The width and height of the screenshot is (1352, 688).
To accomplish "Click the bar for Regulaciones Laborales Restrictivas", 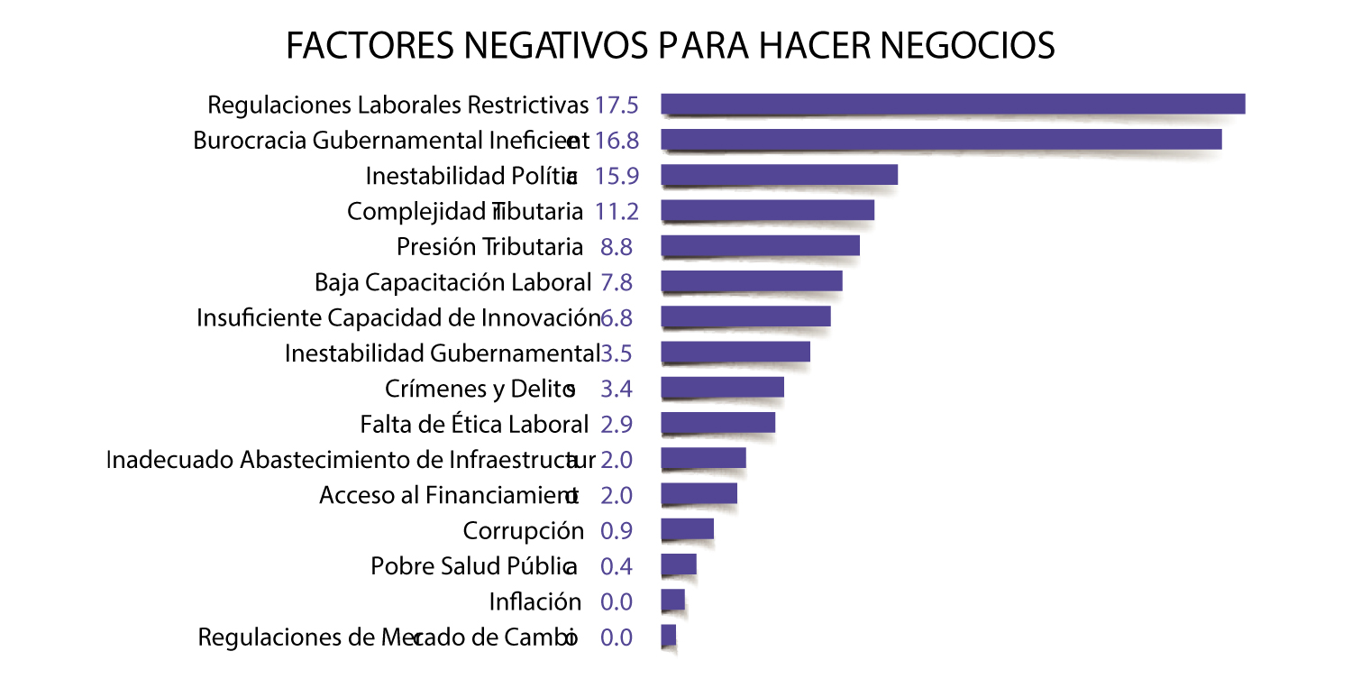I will (x=953, y=104).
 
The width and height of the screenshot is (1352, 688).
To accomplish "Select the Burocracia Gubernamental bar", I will (x=941, y=139).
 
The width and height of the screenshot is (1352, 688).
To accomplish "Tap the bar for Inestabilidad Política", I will (x=779, y=174).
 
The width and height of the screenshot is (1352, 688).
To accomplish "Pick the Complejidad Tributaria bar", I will (x=767, y=210).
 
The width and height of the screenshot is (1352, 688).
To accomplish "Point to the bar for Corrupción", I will (x=687, y=528).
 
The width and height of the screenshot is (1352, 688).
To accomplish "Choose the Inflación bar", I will (x=672, y=600).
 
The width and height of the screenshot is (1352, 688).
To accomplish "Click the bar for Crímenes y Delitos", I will (x=722, y=388).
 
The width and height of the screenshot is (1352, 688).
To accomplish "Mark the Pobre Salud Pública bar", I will (x=679, y=564).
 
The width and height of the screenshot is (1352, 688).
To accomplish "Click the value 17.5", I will (x=617, y=105).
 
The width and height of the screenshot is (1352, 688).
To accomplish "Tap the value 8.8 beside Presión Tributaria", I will (x=617, y=246).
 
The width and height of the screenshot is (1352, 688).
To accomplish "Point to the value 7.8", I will (x=617, y=282).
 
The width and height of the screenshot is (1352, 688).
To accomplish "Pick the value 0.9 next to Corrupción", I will (x=617, y=530).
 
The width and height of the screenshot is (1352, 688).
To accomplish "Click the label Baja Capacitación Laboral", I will (x=452, y=282).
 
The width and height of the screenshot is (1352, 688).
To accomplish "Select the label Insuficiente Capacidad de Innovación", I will (x=397, y=317).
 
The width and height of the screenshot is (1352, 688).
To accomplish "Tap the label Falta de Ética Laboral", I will (x=474, y=424).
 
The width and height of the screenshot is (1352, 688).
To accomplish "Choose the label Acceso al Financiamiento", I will (x=449, y=495).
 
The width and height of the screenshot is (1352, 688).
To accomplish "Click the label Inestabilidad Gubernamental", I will (x=442, y=353).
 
